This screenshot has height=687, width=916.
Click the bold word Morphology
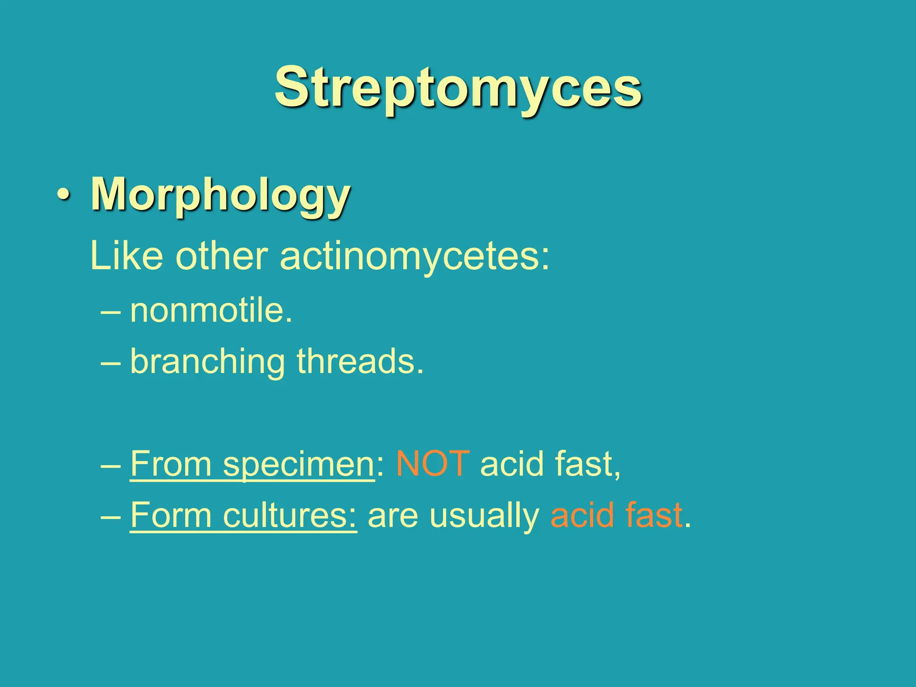[x=221, y=195]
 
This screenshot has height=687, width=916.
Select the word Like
[x=126, y=256]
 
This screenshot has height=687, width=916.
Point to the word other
[x=221, y=256]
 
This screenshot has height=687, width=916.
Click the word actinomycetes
[x=414, y=257]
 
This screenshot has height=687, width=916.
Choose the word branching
[x=208, y=362]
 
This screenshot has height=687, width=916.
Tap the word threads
[x=360, y=361]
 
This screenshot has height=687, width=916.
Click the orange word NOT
[x=433, y=464]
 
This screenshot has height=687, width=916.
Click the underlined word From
[x=171, y=464]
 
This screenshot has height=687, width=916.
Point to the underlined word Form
[x=171, y=515]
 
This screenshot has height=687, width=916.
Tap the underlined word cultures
[x=289, y=515]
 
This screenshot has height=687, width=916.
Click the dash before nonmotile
[x=110, y=312]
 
